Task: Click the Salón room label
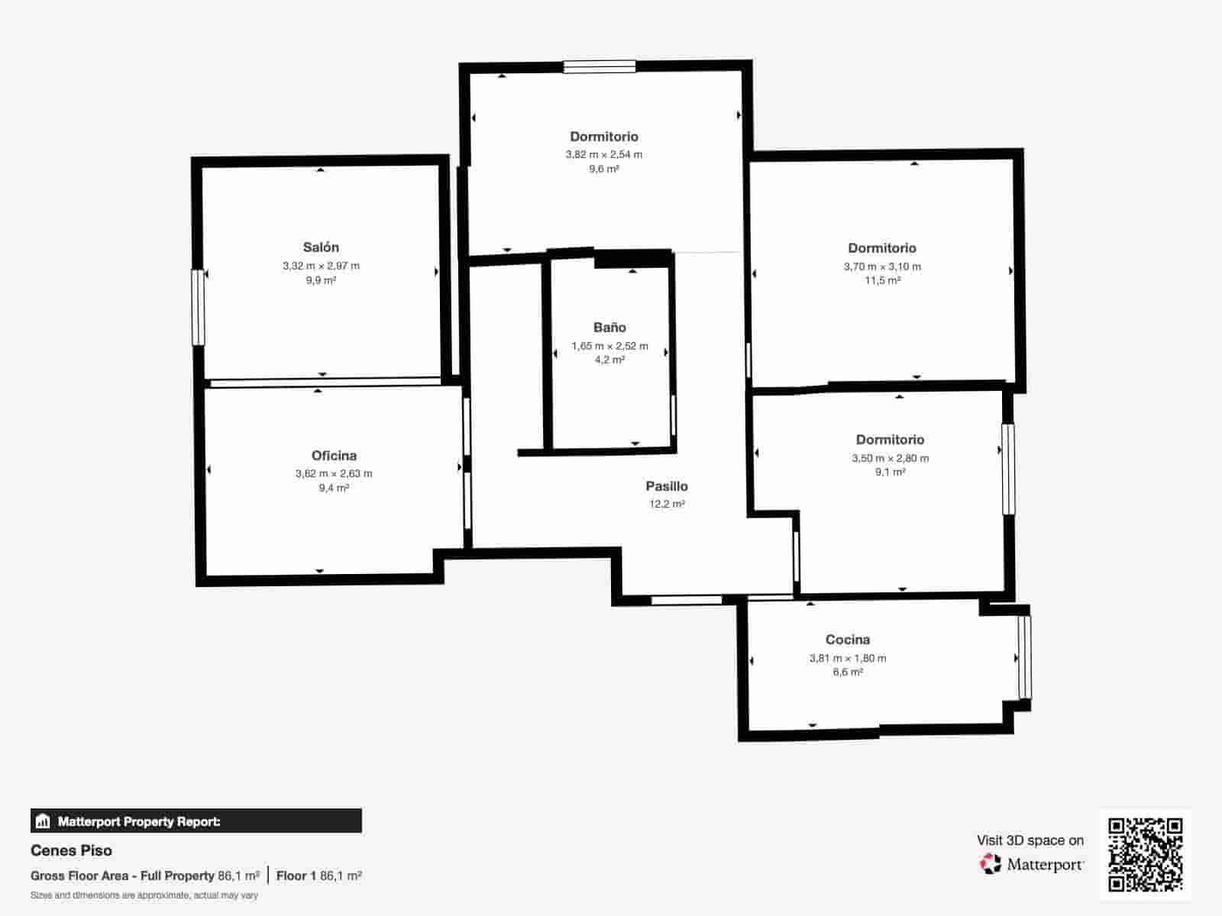click(321, 247)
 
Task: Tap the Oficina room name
click(334, 456)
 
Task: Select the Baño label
click(609, 327)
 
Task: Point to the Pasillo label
click(667, 486)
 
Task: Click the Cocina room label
click(847, 640)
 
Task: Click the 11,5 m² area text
click(882, 280)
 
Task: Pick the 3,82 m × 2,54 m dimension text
click(604, 155)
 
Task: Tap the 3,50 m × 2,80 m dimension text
click(890, 458)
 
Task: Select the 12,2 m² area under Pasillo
click(667, 504)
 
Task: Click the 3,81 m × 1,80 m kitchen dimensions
click(847, 658)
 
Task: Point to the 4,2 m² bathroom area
click(609, 360)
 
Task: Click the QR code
click(1145, 854)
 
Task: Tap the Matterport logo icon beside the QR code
click(991, 864)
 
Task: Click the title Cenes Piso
click(71, 850)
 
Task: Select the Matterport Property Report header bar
click(196, 821)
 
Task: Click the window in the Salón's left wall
click(198, 308)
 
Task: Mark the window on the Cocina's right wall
click(1024, 656)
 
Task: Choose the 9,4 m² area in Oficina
click(334, 488)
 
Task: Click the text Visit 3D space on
click(1030, 840)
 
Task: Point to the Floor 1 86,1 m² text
click(319, 876)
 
